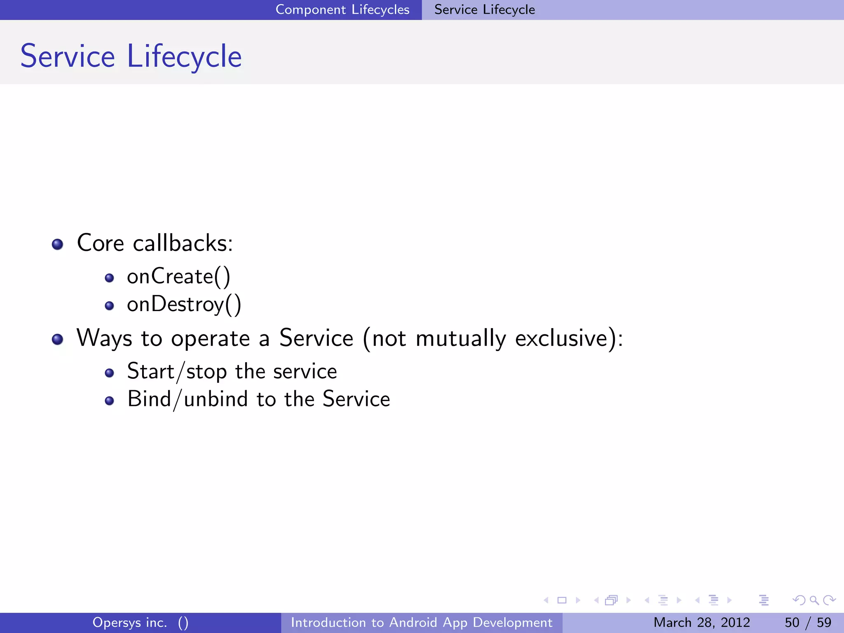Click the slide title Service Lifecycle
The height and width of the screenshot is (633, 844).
131,56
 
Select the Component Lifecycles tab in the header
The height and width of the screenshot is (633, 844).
342,9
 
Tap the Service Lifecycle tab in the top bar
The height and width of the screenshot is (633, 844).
484,9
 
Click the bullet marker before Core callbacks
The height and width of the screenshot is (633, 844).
57,244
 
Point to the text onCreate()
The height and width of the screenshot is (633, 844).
178,276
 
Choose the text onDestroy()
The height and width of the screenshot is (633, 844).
184,305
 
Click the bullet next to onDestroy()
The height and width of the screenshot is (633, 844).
109,306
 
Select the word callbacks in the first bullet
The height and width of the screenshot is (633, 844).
183,243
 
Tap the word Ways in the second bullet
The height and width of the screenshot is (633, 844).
104,338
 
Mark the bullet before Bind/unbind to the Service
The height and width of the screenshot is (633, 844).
109,401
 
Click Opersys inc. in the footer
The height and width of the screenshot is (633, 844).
130,622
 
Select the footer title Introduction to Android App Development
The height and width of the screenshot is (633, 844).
421,622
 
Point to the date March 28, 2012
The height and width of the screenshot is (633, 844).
701,622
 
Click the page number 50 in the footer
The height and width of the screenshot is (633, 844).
792,622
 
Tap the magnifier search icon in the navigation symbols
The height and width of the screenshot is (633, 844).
814,600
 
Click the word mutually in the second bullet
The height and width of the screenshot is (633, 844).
460,338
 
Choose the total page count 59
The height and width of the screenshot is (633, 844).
824,622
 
